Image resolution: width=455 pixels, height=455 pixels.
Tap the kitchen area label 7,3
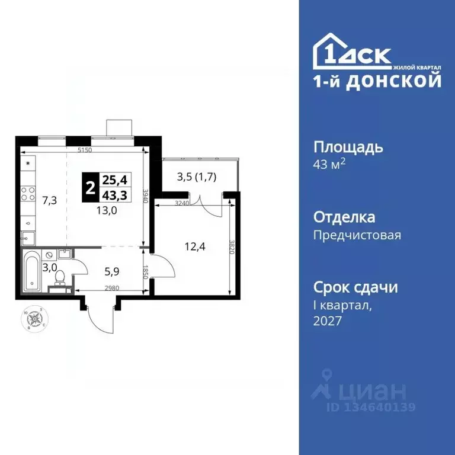click(x=49, y=200)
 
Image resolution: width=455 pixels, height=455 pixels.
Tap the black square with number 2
click(x=90, y=187)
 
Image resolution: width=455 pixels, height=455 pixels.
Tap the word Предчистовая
click(x=357, y=235)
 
